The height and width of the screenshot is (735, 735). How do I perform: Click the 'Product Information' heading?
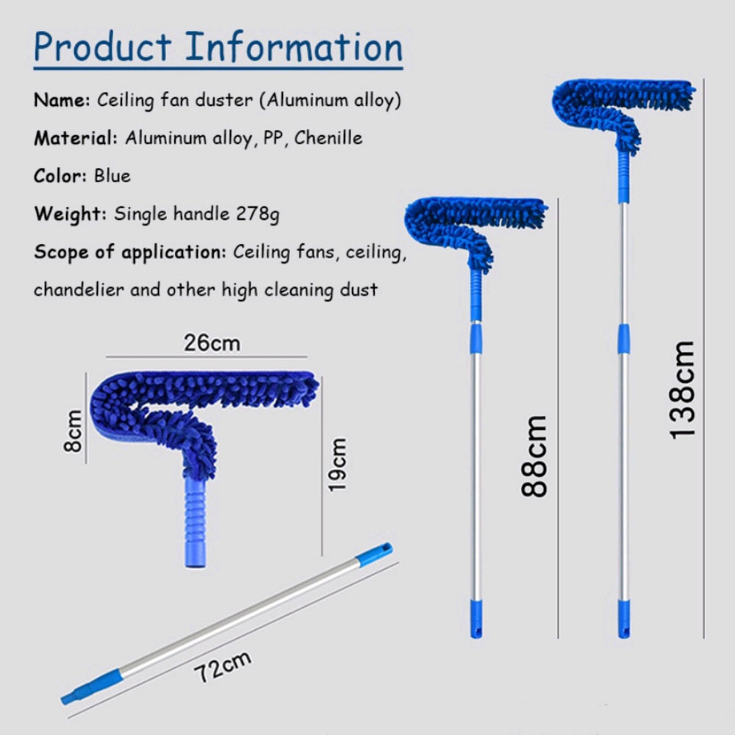pos(218,46)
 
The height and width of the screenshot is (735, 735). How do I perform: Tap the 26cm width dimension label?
pos(212,343)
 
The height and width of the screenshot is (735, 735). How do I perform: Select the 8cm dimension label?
pos(73,431)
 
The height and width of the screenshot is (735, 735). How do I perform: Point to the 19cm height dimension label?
pos(337,465)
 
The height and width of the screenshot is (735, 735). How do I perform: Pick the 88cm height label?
pos(534,456)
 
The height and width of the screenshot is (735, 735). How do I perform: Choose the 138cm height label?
pos(682,390)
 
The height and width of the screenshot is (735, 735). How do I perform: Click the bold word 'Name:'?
pos(62,100)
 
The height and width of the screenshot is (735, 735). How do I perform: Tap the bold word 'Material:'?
pos(76,138)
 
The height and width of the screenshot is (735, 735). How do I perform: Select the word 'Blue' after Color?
pos(112,176)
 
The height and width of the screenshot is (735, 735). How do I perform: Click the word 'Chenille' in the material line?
pos(328,138)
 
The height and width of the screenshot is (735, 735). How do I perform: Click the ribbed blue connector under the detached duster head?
pos(195,521)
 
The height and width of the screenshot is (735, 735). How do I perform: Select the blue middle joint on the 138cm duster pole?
pos(623,338)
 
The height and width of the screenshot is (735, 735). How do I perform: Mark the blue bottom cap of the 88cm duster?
pos(476,618)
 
